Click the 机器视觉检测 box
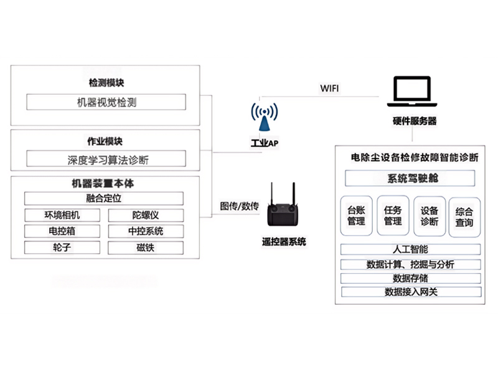pos(106,102)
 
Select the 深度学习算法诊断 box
pos(106,160)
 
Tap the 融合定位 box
pos(104,199)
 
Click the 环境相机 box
pos(62,216)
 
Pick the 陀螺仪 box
pos(146,216)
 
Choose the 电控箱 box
pos(62,231)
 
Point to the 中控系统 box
pos(146,231)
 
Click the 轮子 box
pos(62,247)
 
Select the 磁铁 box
pos(146,247)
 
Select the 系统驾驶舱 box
pos(408,179)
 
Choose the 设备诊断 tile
pos(429,216)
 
